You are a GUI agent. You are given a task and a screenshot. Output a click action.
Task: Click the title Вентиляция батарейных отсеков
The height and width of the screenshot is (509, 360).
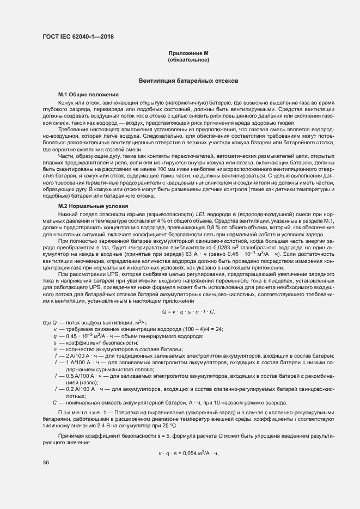pyautogui.click(x=188, y=81)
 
